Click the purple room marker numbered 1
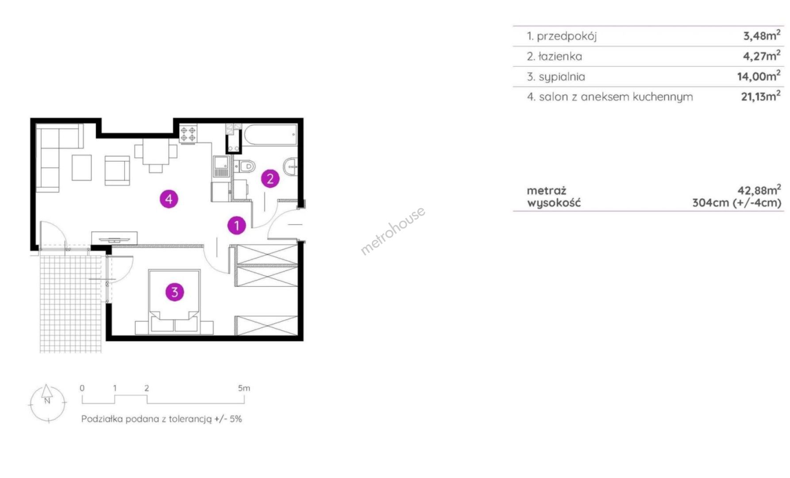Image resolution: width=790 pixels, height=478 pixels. (x=236, y=226)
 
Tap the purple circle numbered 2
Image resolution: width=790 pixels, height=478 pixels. (x=270, y=179)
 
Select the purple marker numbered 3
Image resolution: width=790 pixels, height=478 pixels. (x=174, y=292)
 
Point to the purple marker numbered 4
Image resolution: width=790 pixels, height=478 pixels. (x=169, y=199)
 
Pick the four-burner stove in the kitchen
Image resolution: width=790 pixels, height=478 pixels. (x=188, y=134)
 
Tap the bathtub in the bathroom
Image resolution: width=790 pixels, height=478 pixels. (x=270, y=135)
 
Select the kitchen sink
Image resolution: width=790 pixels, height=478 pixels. (x=221, y=167)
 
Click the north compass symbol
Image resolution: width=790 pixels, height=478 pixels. (x=47, y=403)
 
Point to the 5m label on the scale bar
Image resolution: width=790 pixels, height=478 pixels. (x=244, y=388)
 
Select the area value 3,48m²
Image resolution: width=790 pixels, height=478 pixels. (x=762, y=35)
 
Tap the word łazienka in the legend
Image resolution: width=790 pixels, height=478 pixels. (x=560, y=57)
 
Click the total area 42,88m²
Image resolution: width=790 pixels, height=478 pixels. (x=759, y=190)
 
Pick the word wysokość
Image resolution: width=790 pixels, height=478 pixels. (x=554, y=203)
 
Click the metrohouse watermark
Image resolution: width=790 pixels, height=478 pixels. (x=393, y=231)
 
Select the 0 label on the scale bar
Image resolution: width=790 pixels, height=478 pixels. (x=82, y=388)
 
